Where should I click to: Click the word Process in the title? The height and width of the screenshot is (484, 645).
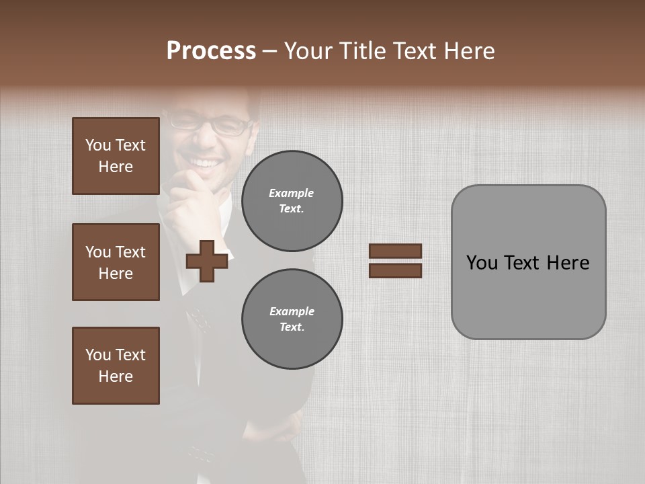point(211,51)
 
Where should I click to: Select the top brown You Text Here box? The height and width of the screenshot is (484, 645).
point(116,156)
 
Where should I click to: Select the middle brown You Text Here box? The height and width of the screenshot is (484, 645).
point(116,262)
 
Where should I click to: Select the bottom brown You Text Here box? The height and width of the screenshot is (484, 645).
point(116,366)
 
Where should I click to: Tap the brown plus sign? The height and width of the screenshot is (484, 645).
point(207,261)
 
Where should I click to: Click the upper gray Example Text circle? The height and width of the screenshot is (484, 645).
point(292,201)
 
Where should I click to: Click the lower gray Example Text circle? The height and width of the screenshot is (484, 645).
point(292,319)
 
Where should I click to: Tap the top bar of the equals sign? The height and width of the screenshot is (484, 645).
point(395,251)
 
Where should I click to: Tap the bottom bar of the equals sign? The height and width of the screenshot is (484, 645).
point(395,271)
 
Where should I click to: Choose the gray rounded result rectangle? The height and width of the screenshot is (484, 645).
point(528,262)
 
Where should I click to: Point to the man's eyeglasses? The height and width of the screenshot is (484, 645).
point(208,125)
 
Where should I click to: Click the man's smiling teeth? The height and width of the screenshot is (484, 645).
point(206,163)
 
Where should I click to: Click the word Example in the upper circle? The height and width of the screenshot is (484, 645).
point(292,193)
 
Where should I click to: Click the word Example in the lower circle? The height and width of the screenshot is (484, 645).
point(292,311)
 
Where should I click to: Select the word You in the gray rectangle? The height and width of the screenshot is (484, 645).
point(481,263)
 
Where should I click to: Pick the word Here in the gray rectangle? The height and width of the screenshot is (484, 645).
point(568,263)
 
